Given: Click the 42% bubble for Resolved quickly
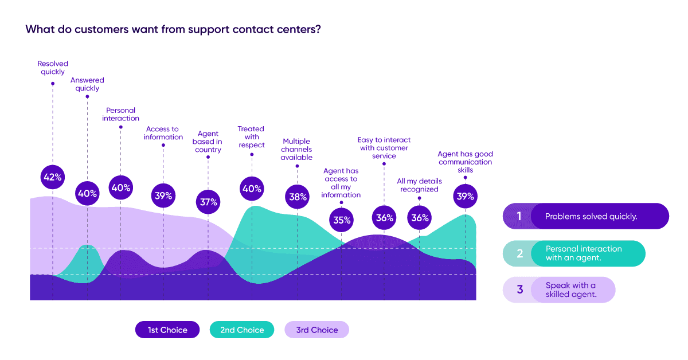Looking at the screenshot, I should [x=53, y=177].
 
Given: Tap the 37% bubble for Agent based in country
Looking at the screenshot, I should [x=208, y=202].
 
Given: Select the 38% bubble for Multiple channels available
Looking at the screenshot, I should [x=296, y=197].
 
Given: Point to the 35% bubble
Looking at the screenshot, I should [x=341, y=220].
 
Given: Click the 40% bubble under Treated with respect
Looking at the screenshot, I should [x=251, y=189].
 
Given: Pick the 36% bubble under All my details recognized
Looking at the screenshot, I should [x=420, y=218].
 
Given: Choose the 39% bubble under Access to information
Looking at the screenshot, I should [x=163, y=195].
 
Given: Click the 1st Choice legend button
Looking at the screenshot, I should [x=167, y=330].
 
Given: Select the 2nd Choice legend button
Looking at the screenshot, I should [x=242, y=330].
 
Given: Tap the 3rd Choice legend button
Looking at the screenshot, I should [x=316, y=330].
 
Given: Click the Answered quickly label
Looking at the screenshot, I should [x=87, y=84].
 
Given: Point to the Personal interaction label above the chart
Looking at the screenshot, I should [x=120, y=114].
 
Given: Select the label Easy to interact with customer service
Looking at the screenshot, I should [x=384, y=148].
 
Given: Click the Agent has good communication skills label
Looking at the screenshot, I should [x=465, y=162].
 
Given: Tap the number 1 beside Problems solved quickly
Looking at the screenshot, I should [x=519, y=217].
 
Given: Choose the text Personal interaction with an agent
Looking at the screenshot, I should [x=583, y=253].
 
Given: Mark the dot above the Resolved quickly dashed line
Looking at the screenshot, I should [x=53, y=83].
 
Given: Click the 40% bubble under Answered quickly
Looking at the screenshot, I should [x=87, y=193].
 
